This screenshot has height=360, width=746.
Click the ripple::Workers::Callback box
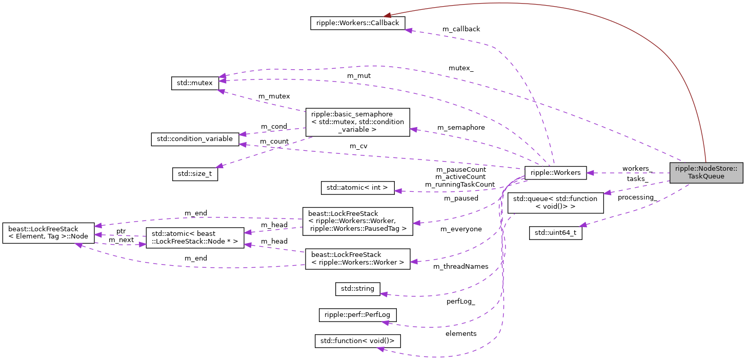(x=358, y=23)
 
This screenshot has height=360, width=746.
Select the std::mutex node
(x=195, y=83)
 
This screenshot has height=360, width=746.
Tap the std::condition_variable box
(x=195, y=138)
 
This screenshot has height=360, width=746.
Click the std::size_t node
(x=195, y=174)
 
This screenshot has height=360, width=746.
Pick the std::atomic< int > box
(x=358, y=188)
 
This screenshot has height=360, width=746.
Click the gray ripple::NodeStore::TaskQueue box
(x=706, y=172)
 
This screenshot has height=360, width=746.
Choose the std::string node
(x=357, y=289)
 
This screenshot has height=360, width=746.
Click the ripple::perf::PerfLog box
(x=357, y=314)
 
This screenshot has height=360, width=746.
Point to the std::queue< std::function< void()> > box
(x=555, y=203)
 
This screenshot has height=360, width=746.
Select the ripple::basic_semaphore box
(x=357, y=122)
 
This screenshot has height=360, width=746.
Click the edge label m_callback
(x=461, y=29)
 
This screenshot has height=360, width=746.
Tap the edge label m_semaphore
(x=461, y=127)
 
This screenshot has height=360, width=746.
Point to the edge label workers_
(x=637, y=168)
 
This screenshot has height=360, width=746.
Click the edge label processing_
(x=637, y=197)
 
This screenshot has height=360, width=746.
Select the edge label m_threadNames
(x=460, y=266)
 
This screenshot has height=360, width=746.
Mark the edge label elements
(x=461, y=334)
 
